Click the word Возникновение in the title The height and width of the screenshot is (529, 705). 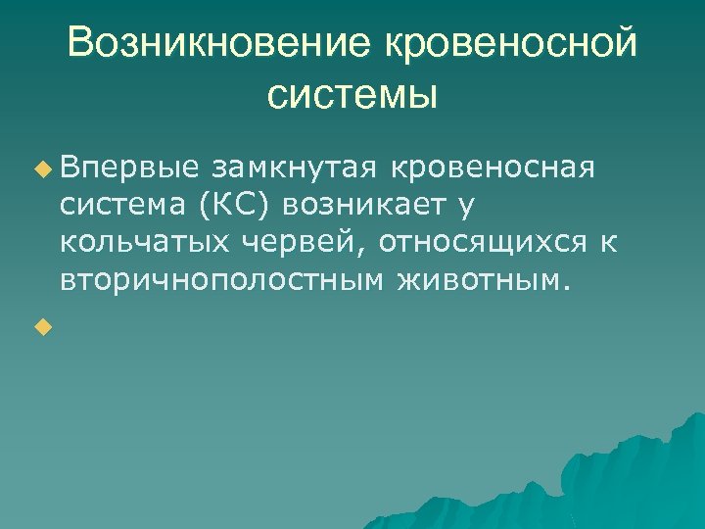(217, 43)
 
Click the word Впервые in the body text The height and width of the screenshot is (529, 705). (130, 168)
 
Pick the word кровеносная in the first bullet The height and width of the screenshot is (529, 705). (493, 168)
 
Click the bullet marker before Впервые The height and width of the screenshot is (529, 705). (40, 169)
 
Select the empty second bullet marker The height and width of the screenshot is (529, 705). (40, 326)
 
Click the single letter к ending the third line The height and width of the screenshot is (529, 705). (608, 242)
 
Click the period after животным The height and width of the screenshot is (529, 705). (562, 287)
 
